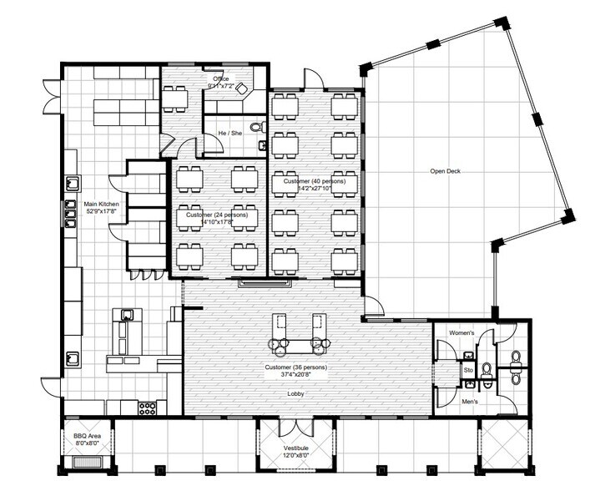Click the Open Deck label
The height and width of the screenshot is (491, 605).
coord(445,172)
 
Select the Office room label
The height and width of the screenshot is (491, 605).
coord(220,78)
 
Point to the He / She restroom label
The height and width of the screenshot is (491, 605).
coord(229,133)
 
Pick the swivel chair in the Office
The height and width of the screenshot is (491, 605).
coord(241,88)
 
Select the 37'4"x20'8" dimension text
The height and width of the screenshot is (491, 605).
coord(295,375)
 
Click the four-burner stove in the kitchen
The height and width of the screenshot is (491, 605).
coord(148,408)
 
